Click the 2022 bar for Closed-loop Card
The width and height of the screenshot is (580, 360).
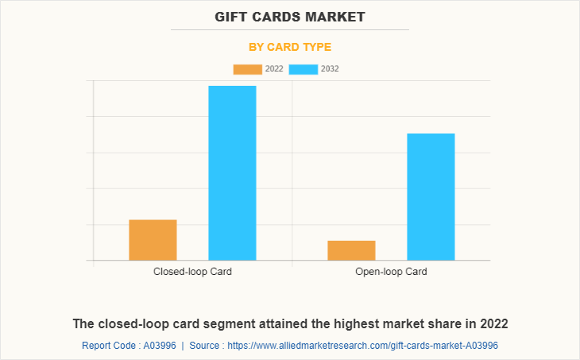153,240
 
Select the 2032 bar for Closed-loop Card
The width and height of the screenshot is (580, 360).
232,172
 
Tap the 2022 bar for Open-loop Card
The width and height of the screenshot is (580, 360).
351,250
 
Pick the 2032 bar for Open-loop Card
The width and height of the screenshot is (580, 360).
431,196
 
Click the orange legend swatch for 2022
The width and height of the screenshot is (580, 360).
247,69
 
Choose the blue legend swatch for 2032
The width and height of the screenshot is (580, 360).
304,69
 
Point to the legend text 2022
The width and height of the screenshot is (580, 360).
274,69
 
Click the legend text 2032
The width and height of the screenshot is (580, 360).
330,69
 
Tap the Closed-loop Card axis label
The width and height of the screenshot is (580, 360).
192,272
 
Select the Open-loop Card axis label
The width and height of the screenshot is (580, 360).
391,272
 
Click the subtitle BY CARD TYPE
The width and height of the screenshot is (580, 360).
290,47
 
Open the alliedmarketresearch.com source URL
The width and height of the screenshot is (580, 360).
362,346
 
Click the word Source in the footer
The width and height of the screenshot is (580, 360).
205,346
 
